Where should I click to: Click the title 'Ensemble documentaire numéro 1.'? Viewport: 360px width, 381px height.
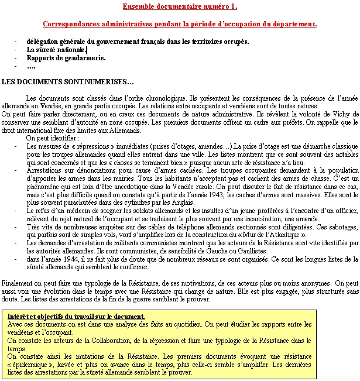tap(180, 7)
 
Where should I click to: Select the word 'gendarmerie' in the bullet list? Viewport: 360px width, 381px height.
tap(86, 59)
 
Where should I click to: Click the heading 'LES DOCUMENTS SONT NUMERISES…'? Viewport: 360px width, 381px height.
tap(68, 80)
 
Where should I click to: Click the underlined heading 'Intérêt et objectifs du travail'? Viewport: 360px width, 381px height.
tap(76, 317)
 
